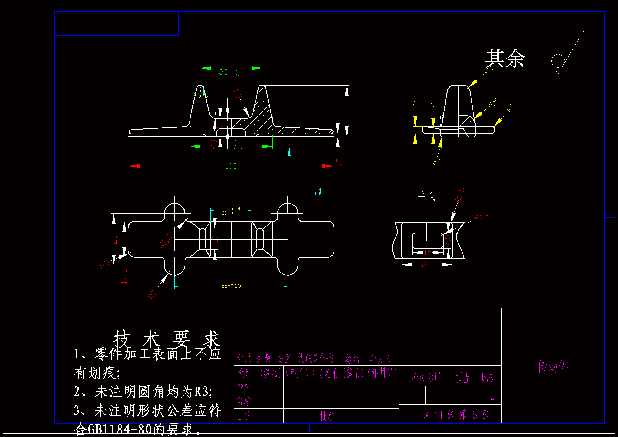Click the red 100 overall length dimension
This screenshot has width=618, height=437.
coord(231,166)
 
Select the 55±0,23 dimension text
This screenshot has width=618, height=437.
coord(231,286)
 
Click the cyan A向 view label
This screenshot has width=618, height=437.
coord(317,191)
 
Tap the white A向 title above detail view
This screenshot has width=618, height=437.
coord(427,195)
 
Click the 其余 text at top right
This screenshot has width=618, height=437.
coord(505,58)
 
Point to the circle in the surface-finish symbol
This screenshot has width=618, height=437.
coord(558,61)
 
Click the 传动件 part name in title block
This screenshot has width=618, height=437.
coord(553,366)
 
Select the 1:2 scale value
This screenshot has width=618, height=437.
coord(489,396)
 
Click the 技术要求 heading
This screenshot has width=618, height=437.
coord(166,339)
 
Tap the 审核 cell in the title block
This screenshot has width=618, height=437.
coord(244,402)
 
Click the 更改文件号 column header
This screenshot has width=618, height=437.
coord(316,358)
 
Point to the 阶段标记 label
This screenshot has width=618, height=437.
coord(426,377)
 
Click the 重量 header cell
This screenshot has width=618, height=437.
coord(464,378)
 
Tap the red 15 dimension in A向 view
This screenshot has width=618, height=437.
coord(427,252)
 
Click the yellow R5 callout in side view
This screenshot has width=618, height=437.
coord(494,103)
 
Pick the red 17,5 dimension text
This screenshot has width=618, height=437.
coord(124,276)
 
